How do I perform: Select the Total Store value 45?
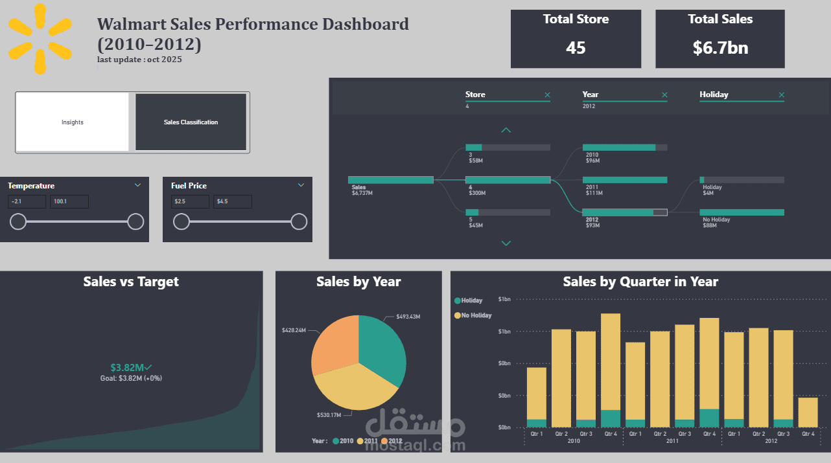pyautogui.click(x=576, y=47)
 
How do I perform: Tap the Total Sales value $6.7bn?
pyautogui.click(x=720, y=47)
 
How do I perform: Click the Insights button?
pyautogui.click(x=73, y=122)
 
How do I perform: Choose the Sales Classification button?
pyautogui.click(x=191, y=122)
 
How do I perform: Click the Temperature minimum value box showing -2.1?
pyautogui.click(x=27, y=202)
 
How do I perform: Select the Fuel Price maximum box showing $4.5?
pyautogui.click(x=233, y=202)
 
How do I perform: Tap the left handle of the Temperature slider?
pyautogui.click(x=18, y=222)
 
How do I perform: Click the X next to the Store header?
pyautogui.click(x=547, y=95)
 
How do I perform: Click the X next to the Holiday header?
pyautogui.click(x=781, y=95)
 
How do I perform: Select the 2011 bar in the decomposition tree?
pyautogui.click(x=625, y=180)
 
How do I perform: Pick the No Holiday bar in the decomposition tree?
pyautogui.click(x=742, y=212)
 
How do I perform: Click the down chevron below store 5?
pyautogui.click(x=506, y=243)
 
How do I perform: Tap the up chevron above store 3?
pyautogui.click(x=506, y=130)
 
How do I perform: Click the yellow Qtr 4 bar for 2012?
pyautogui.click(x=807, y=412)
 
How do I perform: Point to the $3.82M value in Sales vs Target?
pyautogui.click(x=126, y=367)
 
